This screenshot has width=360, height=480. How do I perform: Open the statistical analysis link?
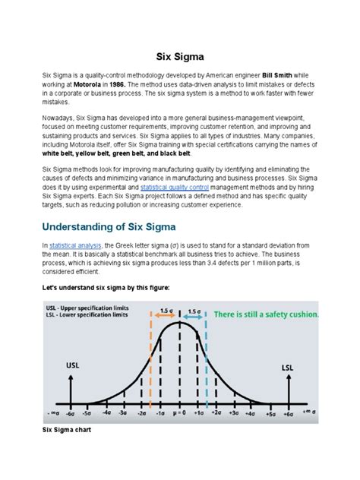(x=74, y=245)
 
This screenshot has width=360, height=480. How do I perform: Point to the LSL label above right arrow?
(x=288, y=367)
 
